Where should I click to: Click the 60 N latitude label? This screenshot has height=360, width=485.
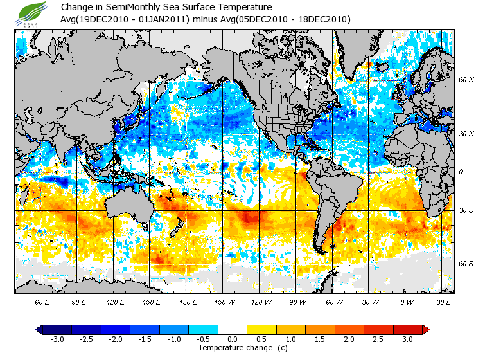pyautogui.click(x=466, y=80)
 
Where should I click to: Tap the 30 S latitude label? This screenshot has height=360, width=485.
pyautogui.click(x=466, y=210)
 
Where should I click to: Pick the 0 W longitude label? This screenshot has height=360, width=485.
pyautogui.click(x=406, y=302)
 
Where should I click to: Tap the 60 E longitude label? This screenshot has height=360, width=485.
pyautogui.click(x=42, y=302)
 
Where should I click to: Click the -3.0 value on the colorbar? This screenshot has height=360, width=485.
pyautogui.click(x=57, y=339)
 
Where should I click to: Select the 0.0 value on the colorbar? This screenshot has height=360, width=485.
pyautogui.click(x=233, y=339)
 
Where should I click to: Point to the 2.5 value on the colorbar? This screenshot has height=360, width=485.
pyautogui.click(x=379, y=339)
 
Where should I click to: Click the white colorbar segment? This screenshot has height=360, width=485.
pyautogui.click(x=233, y=330)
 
